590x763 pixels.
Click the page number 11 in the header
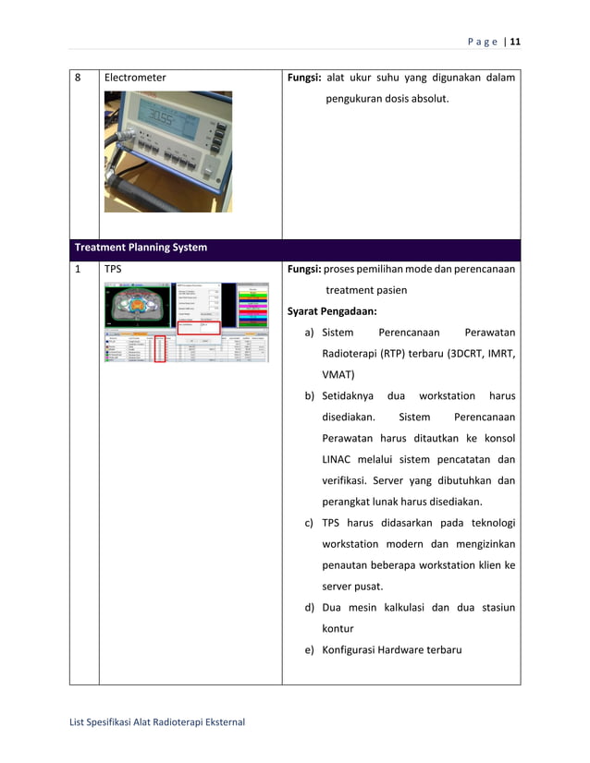click(x=515, y=42)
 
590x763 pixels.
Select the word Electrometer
click(x=135, y=78)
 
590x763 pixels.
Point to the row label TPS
click(x=114, y=270)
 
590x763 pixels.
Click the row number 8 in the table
click(x=79, y=78)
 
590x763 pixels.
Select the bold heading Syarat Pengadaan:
click(x=331, y=310)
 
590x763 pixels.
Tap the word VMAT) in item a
click(x=338, y=375)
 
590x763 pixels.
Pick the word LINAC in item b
click(x=339, y=459)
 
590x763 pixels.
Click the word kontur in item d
click(x=338, y=628)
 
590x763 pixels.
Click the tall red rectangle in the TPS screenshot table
click(x=160, y=348)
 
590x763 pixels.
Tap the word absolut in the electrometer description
click(x=425, y=98)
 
